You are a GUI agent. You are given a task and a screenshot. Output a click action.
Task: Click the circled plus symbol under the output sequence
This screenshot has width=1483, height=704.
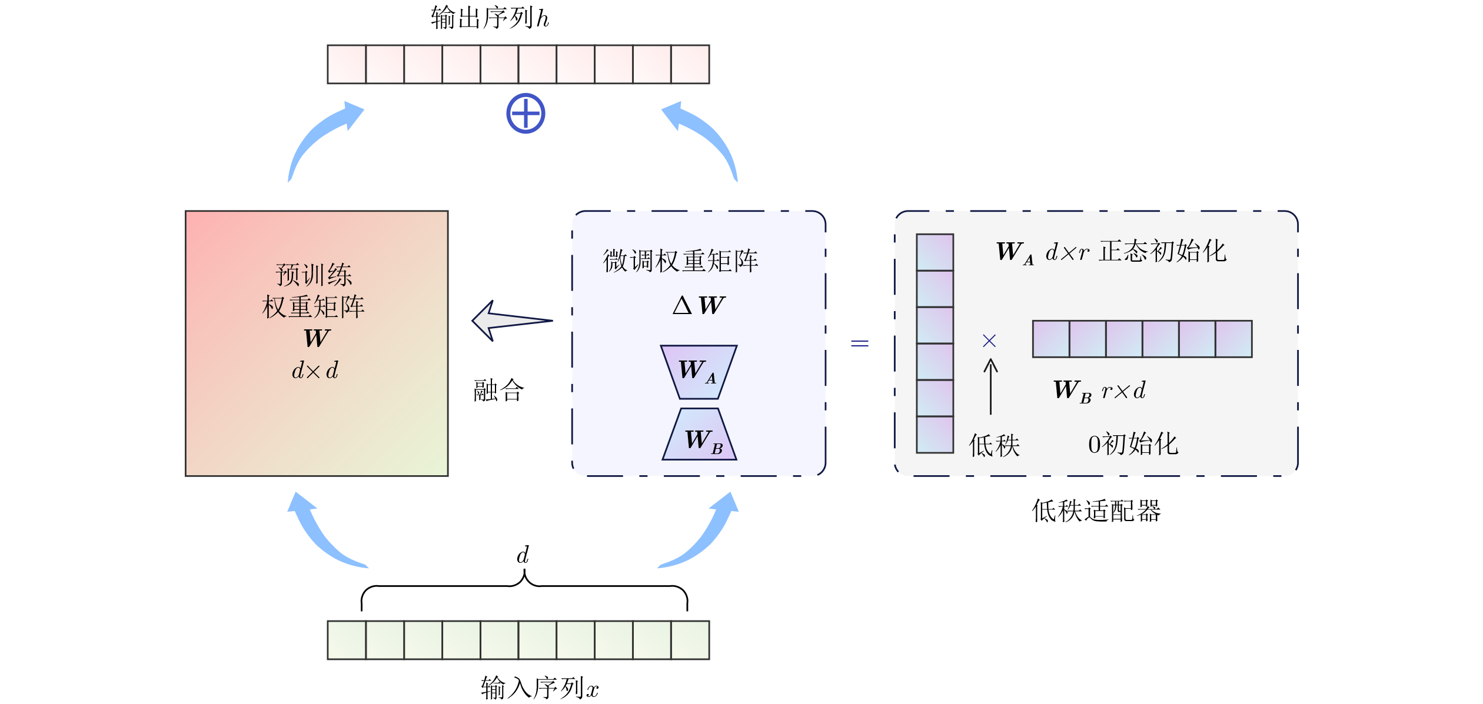point(526,114)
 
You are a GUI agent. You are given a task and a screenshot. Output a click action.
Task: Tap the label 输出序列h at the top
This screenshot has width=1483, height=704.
point(490,18)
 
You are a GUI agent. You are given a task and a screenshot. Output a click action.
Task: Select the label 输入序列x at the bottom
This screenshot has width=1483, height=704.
point(539,688)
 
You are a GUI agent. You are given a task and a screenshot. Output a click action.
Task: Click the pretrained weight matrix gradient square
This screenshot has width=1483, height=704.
point(317,412)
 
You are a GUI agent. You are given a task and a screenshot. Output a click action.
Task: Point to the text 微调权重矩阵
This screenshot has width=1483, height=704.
point(681,261)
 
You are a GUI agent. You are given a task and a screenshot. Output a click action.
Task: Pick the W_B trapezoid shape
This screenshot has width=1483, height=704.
point(699,435)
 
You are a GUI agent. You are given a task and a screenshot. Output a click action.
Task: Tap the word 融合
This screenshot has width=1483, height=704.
point(498,390)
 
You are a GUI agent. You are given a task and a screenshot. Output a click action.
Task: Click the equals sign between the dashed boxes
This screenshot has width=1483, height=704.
point(859,343)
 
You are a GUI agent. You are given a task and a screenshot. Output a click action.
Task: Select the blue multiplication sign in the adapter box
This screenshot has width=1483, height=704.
point(989,341)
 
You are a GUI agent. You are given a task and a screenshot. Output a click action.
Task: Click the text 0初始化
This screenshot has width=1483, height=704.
point(1133,444)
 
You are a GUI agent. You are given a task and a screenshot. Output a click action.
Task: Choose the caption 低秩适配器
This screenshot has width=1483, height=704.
point(1096,511)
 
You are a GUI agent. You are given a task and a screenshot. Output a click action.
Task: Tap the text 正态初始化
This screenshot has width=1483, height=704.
point(1162,251)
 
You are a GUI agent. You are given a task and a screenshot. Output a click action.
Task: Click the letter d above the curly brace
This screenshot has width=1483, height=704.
point(523,555)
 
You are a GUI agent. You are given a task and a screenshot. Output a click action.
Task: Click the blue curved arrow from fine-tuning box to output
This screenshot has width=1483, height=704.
point(704,138)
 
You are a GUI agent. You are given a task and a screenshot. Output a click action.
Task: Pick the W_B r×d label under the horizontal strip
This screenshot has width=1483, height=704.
point(1099,391)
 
